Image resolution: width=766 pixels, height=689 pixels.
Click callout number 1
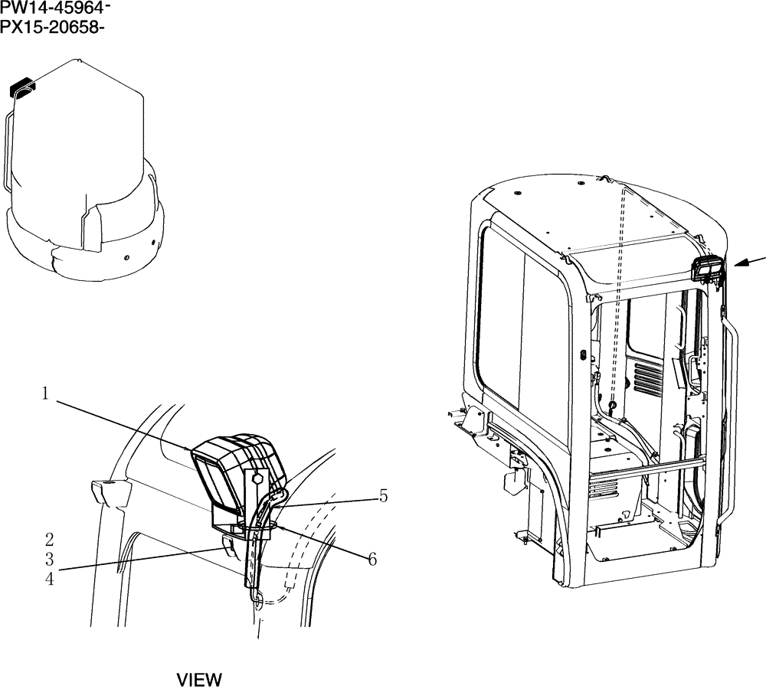(x=46, y=393)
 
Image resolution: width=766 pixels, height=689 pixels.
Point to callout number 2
(x=49, y=540)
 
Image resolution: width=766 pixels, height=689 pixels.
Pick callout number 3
(x=49, y=560)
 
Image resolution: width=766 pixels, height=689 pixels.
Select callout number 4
(x=49, y=580)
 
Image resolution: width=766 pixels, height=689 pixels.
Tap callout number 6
(x=372, y=560)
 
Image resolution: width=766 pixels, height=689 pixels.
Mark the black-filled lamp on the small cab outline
(x=21, y=89)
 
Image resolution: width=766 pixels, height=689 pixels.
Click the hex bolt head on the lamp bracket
(x=257, y=478)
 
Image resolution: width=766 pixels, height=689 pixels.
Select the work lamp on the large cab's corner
(x=705, y=270)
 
